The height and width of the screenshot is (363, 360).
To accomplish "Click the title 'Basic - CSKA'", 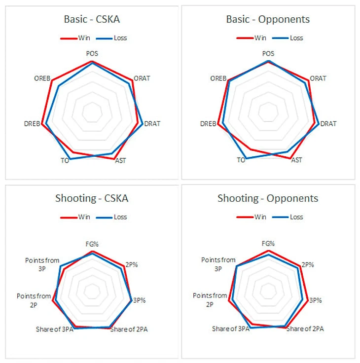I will tap(92, 20).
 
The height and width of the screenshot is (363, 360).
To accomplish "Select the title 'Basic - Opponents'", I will tap(268, 20).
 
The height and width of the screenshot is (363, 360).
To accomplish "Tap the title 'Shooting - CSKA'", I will tap(92, 198).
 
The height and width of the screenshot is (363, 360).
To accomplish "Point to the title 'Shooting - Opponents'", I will tap(268, 198).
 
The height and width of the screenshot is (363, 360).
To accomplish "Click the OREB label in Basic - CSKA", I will tap(41, 78).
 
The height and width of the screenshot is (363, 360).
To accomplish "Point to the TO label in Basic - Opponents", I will tap(241, 160).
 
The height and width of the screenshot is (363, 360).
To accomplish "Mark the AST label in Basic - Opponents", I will tap(296, 160).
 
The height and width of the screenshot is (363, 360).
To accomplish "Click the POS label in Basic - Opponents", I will tap(268, 53).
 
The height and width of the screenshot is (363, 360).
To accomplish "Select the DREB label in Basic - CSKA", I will tap(32, 124).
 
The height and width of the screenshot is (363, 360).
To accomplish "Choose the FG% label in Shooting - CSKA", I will tap(92, 243).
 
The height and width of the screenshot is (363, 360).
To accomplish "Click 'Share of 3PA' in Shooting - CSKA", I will tap(54, 329).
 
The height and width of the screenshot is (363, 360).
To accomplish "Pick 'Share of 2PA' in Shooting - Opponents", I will tap(305, 329).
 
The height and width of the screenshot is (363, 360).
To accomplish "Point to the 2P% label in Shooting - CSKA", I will tap(131, 264).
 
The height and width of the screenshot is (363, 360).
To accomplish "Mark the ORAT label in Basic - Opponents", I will tap(318, 78).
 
